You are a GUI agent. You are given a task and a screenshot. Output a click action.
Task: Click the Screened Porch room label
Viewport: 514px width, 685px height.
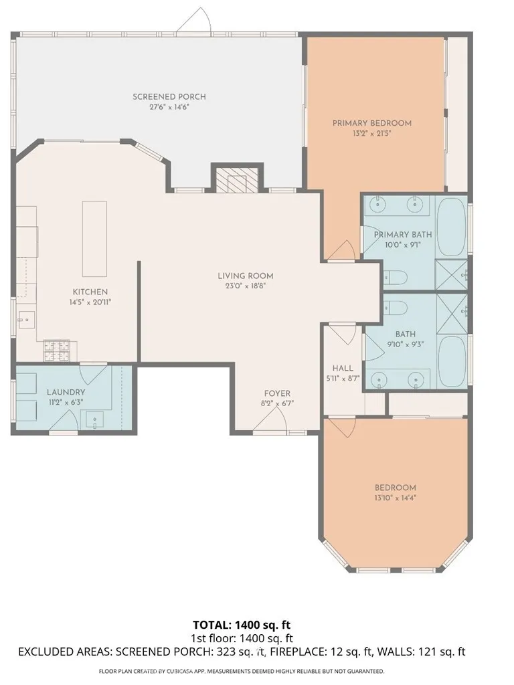tap(169, 96)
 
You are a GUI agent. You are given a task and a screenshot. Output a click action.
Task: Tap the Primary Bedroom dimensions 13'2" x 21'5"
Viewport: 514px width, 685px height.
tap(371, 133)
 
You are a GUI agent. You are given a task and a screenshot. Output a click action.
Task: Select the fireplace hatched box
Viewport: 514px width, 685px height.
tap(238, 180)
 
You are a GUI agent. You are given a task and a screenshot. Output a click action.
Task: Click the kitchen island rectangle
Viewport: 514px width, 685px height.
tap(94, 239)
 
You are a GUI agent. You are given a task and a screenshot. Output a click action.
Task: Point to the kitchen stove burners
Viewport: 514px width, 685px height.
tap(56, 351)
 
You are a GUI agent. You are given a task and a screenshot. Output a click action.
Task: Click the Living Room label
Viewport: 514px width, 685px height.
tap(246, 276)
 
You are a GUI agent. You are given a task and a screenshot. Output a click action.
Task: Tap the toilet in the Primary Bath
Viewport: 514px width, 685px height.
tap(395, 277)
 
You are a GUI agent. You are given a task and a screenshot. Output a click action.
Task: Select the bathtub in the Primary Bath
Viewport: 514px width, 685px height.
tap(452, 227)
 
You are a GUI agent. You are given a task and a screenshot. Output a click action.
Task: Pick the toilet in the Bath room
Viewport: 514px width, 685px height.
tap(395, 308)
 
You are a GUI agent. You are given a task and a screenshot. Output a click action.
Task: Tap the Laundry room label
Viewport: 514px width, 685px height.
tap(66, 392)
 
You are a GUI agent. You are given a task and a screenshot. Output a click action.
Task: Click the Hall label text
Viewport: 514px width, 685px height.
tap(343, 369)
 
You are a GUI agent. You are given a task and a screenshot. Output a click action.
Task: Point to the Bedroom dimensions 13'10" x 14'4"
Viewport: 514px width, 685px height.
tap(395, 498)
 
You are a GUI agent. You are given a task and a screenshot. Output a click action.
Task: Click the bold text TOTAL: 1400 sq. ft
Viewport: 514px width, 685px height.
tap(242, 625)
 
